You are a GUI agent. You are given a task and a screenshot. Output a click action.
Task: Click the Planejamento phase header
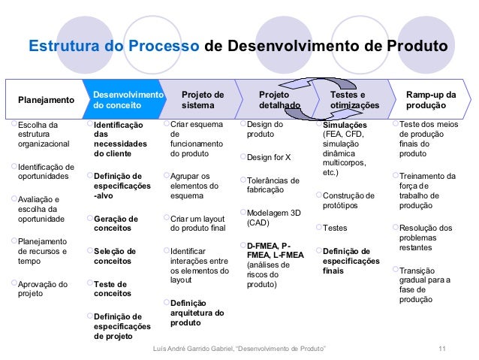(46, 100)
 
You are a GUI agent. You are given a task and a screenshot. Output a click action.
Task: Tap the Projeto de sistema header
(202, 100)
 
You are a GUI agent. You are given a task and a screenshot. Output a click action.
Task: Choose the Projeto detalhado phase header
(279, 100)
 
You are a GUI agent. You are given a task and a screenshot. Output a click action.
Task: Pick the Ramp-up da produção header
(430, 100)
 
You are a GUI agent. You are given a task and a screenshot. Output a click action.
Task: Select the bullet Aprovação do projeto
(42, 289)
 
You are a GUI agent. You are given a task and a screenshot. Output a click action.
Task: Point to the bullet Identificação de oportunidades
(45, 171)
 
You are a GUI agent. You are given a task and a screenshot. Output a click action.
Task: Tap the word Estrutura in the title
(63, 47)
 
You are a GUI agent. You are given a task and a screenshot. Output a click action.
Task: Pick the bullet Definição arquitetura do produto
(197, 312)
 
